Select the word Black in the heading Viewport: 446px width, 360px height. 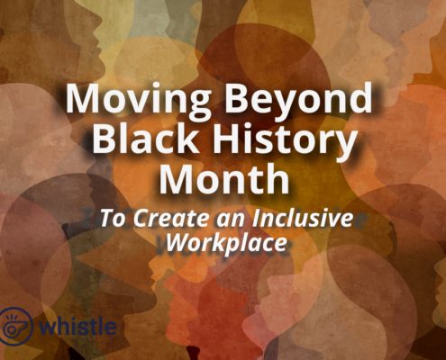click(145, 138)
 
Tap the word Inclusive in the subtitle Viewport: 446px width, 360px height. click(303, 218)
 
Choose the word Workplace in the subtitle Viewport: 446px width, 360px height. click(226, 243)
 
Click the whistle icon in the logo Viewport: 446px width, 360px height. click(15, 325)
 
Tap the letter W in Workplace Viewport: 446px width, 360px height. click(177, 242)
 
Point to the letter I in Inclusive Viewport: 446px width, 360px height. click(256, 218)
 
